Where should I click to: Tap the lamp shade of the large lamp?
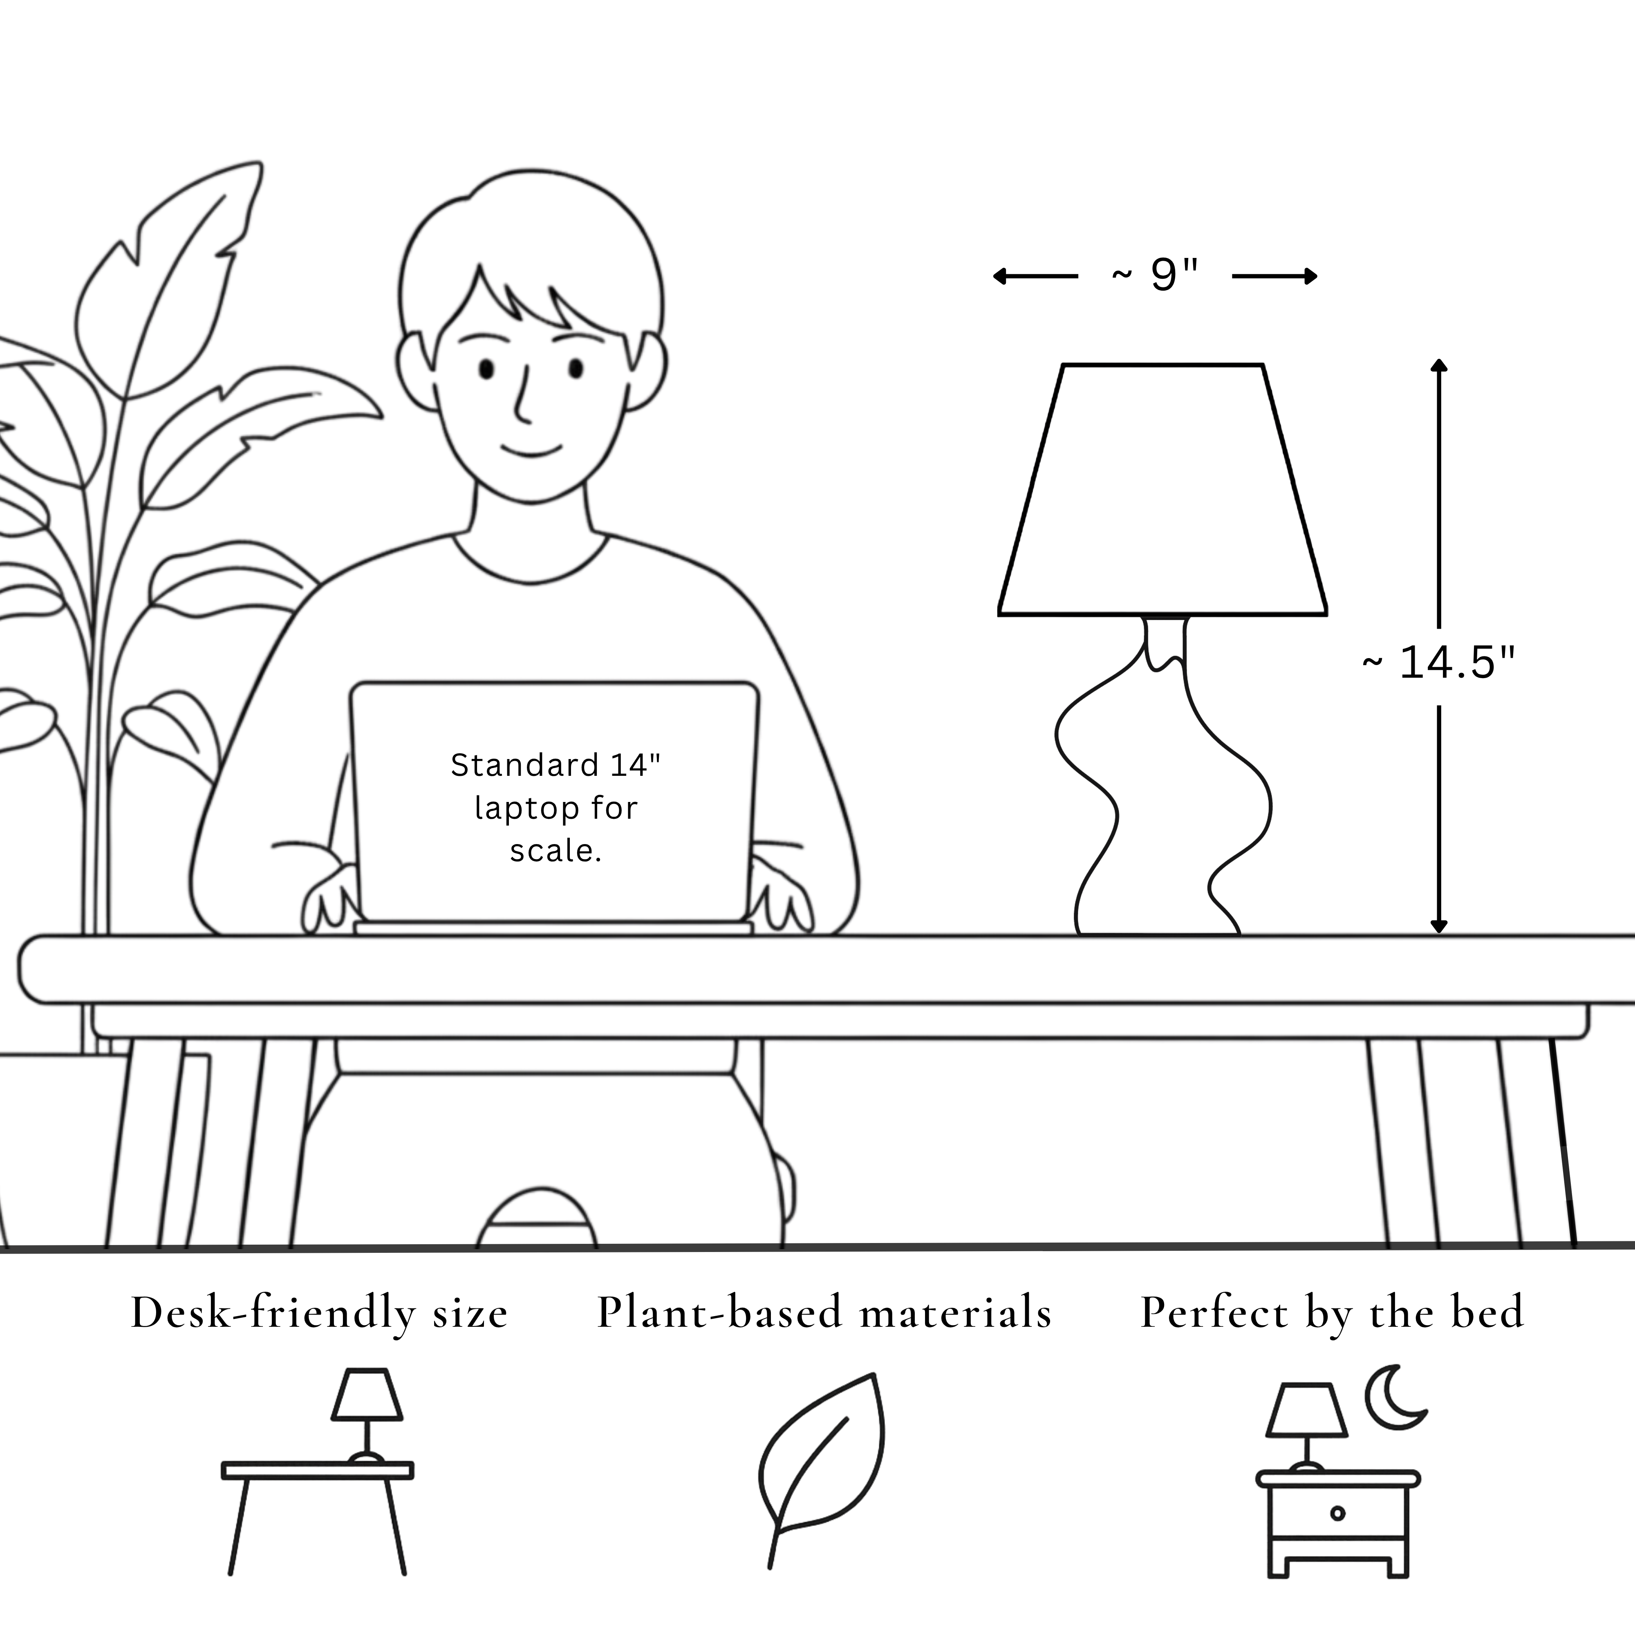1163,490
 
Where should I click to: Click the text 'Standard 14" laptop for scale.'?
555,807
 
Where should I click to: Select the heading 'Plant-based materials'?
824,1312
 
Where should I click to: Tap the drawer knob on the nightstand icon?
1337,1513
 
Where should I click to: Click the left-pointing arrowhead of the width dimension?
999,276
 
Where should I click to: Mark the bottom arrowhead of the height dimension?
1439,927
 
